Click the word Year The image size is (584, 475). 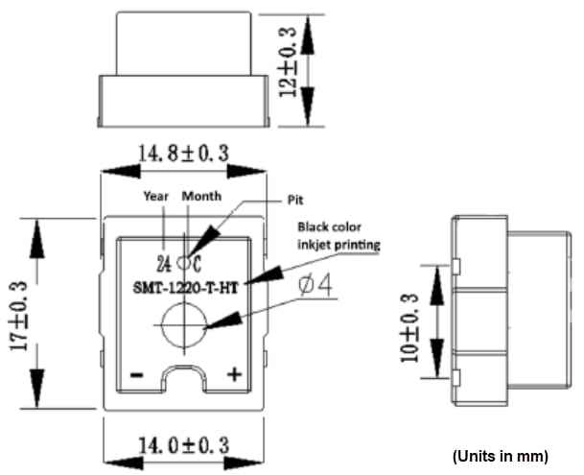point(156,196)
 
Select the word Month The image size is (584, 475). point(201,196)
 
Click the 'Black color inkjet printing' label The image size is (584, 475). point(339,236)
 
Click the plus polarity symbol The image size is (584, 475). point(232,374)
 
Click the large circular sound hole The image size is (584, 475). point(183,325)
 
